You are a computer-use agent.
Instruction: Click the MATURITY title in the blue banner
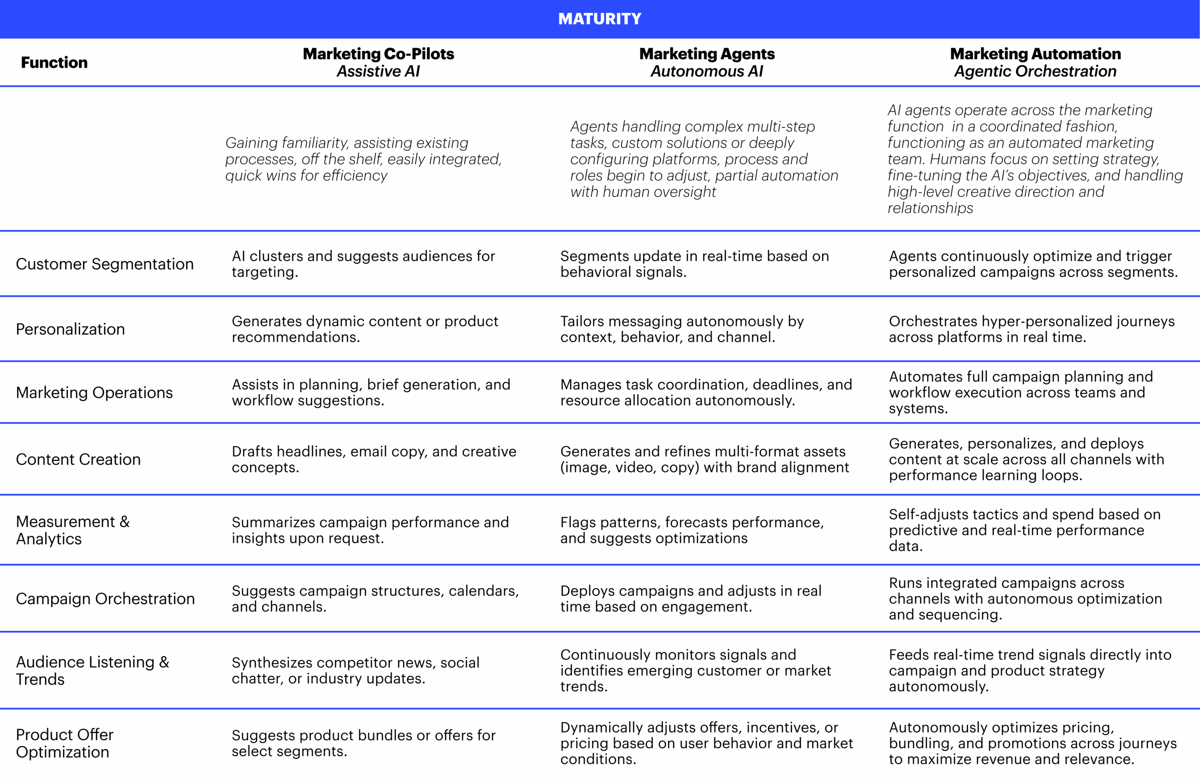coord(600,19)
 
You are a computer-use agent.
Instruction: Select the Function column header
coord(54,63)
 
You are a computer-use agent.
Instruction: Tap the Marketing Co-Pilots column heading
coord(378,54)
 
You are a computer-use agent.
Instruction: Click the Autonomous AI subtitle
coord(707,72)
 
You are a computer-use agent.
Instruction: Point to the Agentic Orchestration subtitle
coord(1035,72)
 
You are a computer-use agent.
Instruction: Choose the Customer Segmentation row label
coord(105,264)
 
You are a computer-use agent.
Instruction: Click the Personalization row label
coord(70,329)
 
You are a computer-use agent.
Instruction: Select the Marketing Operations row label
coord(94,392)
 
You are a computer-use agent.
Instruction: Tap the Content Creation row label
coord(78,459)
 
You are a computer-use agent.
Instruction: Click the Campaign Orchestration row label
coord(105,598)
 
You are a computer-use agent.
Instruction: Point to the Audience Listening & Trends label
coord(92,670)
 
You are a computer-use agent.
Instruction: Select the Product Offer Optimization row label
coord(65,743)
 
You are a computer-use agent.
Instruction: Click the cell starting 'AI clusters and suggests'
coord(363,264)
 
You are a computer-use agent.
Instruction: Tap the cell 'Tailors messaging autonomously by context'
coord(682,329)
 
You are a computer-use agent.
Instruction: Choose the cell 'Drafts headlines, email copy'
coord(374,459)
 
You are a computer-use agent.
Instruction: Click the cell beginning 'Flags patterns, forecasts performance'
coord(692,530)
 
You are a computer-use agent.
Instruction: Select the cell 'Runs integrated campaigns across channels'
coord(1025,598)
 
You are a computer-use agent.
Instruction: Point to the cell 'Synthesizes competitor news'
coord(355,670)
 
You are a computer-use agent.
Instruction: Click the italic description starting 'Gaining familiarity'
coord(363,159)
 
